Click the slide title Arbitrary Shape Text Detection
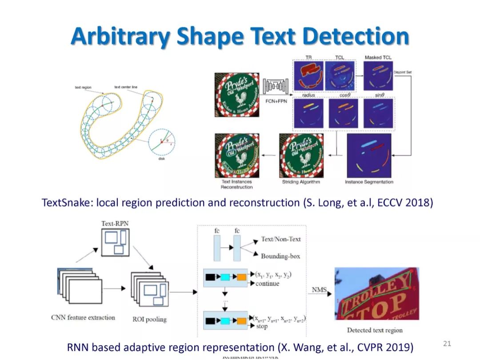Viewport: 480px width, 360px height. click(240, 36)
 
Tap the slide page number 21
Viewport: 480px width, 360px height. click(447, 343)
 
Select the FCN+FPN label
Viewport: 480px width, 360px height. click(276, 100)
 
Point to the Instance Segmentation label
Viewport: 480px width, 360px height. click(369, 182)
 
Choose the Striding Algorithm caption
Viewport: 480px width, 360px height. click(301, 182)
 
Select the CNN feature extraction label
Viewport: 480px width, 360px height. click(83, 317)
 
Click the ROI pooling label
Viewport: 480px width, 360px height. click(149, 319)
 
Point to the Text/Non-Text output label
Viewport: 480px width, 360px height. click(281, 239)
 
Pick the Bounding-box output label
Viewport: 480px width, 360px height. click(280, 256)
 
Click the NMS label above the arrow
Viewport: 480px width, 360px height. click(319, 290)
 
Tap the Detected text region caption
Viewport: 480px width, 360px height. click(375, 330)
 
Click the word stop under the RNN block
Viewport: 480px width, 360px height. click(262, 326)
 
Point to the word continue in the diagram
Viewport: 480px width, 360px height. click(268, 284)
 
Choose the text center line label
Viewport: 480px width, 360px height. click(126, 87)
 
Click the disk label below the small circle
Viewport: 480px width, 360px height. click(162, 158)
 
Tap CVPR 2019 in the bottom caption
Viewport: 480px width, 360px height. click(382, 347)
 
